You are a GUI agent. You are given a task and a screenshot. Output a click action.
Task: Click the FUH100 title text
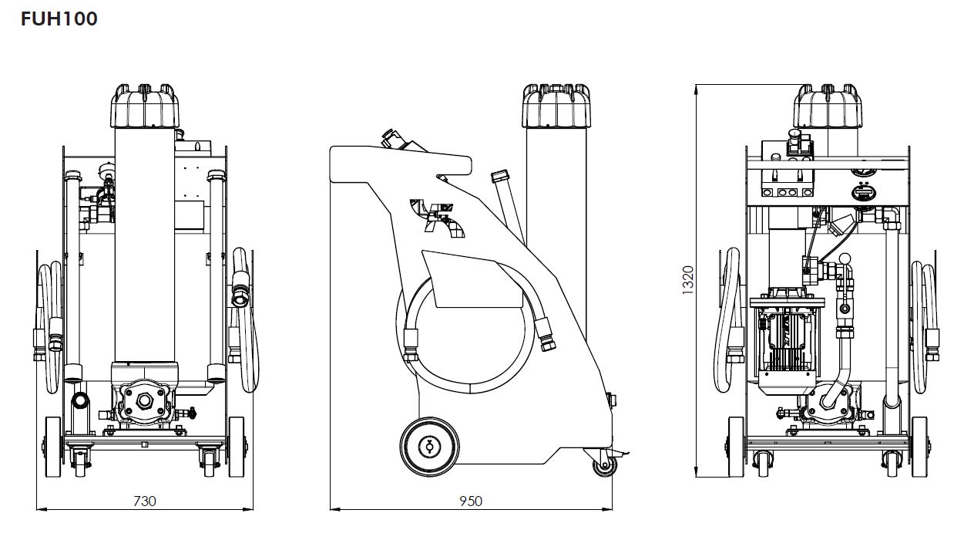59,19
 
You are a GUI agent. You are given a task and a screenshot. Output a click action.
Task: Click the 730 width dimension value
145,501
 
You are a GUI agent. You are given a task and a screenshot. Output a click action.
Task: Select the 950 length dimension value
470,501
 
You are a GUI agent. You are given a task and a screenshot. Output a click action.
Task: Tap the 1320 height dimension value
688,279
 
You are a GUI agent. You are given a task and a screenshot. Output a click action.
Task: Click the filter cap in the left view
146,106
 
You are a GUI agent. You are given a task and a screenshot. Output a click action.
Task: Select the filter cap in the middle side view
557,106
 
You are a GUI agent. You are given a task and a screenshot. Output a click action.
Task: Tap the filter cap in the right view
828,106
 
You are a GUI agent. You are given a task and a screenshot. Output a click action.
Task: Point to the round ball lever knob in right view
845,260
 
